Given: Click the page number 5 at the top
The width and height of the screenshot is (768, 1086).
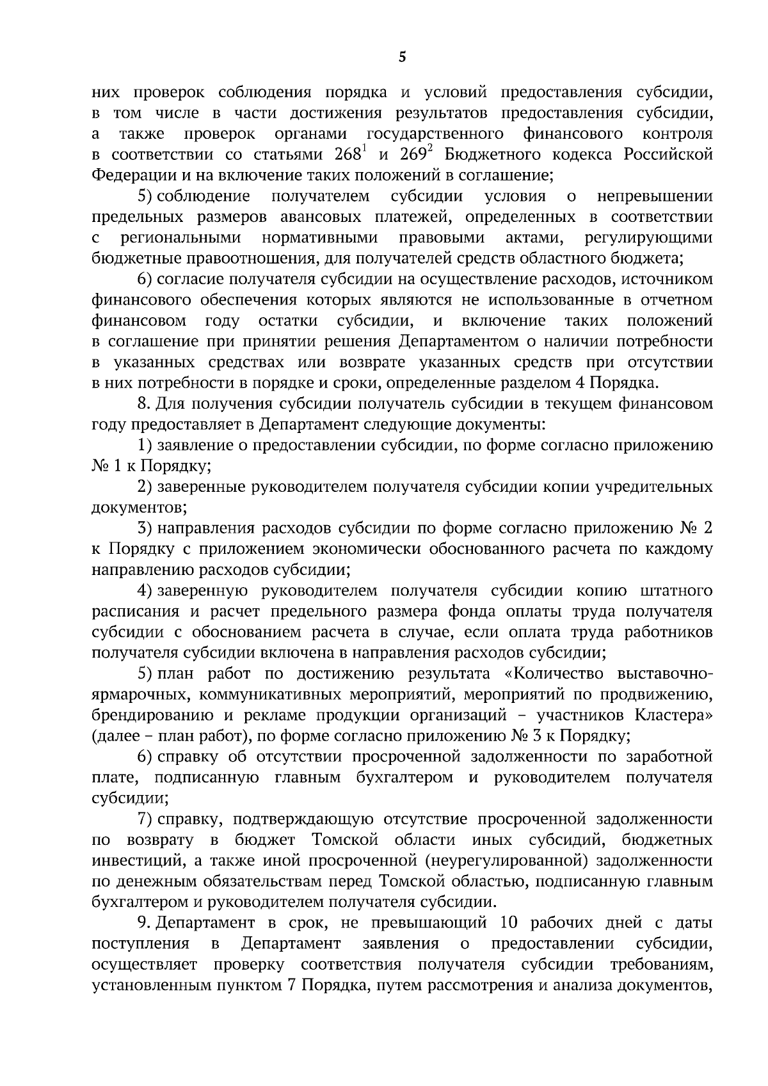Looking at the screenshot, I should click(402, 58).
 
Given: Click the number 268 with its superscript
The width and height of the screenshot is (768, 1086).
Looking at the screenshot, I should click(350, 155).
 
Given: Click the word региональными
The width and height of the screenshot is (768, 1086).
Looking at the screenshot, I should click(181, 238).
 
